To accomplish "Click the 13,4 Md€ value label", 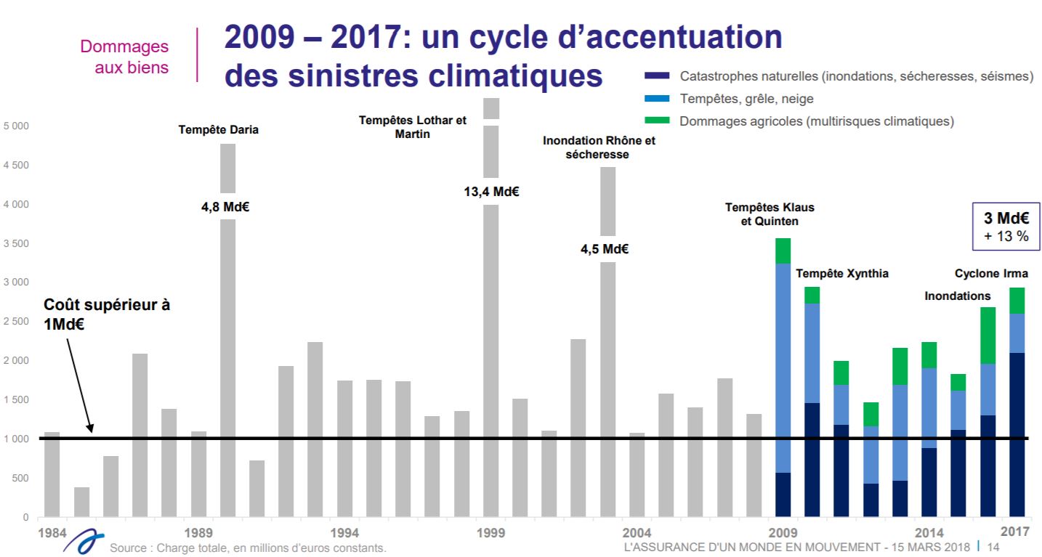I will click(x=491, y=192).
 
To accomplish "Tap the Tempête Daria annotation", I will click(x=219, y=131).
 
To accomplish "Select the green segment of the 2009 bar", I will click(x=783, y=251).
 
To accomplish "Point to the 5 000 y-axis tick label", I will click(x=15, y=126).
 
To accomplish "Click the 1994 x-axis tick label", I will click(x=344, y=532).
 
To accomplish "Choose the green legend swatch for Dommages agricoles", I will click(x=655, y=121).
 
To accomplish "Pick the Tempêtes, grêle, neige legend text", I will click(x=746, y=99).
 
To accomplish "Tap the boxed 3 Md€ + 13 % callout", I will click(x=1006, y=227).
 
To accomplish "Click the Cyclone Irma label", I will click(x=991, y=274).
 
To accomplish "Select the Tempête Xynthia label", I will click(x=842, y=274).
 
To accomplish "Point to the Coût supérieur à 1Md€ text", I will click(x=107, y=314).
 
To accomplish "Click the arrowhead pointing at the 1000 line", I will click(x=91, y=429).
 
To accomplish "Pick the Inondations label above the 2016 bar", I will click(x=957, y=296).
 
